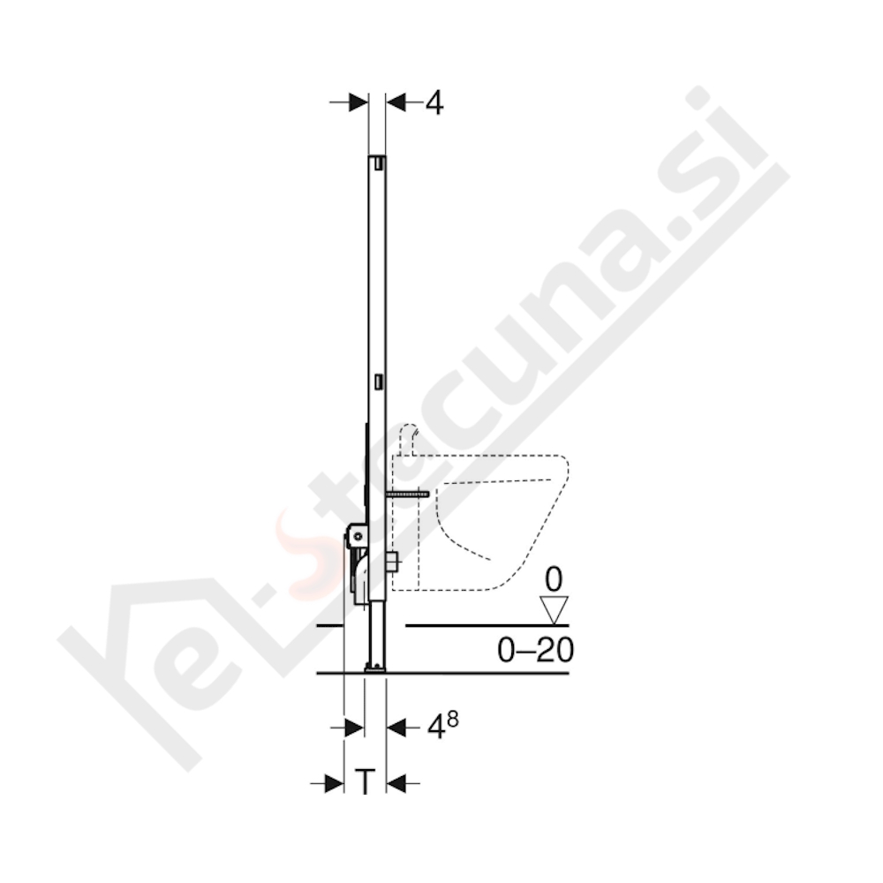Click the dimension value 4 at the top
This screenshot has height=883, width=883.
pyautogui.click(x=434, y=103)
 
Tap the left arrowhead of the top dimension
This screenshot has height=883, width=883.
pyautogui.click(x=358, y=102)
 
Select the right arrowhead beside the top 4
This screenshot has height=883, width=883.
pyautogui.click(x=396, y=102)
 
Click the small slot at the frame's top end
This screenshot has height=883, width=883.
pyautogui.click(x=377, y=162)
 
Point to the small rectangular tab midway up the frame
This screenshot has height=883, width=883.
pyautogui.click(x=378, y=381)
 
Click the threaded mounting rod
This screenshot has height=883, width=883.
pyautogui.click(x=405, y=495)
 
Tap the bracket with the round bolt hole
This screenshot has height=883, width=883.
pyautogui.click(x=358, y=533)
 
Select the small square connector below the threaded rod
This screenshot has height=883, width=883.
pyautogui.click(x=392, y=560)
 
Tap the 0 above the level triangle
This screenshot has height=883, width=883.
pyautogui.click(x=554, y=580)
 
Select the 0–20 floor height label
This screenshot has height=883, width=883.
pyautogui.click(x=535, y=651)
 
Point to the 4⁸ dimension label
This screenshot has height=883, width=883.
pyautogui.click(x=441, y=727)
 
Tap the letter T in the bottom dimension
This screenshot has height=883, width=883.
pyautogui.click(x=365, y=781)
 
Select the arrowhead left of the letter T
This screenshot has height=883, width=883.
pyautogui.click(x=334, y=781)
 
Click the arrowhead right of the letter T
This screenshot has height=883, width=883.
pyautogui.click(x=395, y=781)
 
